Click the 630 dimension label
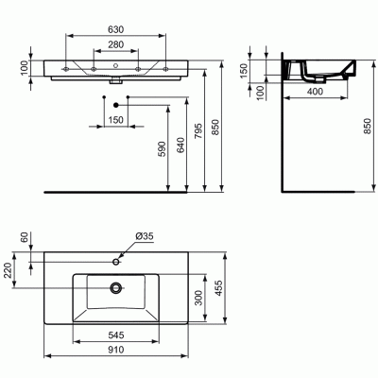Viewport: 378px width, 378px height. [115, 29]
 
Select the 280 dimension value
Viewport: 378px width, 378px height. [115, 44]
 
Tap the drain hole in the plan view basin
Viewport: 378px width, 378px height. [114, 286]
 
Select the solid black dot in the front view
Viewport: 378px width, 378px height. [115, 103]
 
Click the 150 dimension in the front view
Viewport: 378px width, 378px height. [115, 120]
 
